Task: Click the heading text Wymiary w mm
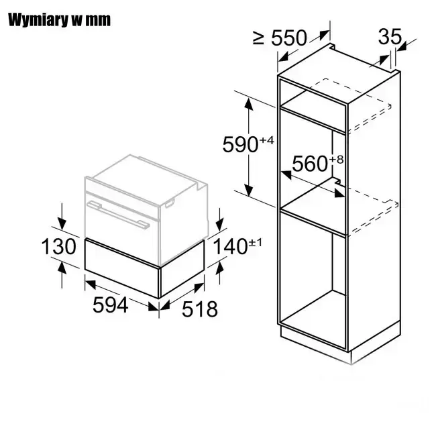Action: click(59, 19)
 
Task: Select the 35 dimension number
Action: click(390, 36)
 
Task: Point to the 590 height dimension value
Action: click(241, 144)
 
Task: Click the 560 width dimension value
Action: click(310, 164)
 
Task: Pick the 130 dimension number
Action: click(58, 246)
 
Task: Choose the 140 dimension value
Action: click(230, 247)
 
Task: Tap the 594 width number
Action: click(111, 305)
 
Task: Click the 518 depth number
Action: click(200, 309)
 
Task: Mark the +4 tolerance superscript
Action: click(266, 140)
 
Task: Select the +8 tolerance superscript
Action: click(337, 160)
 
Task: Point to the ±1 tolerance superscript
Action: click(255, 243)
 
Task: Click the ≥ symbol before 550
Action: click(258, 38)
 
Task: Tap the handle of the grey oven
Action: click(118, 215)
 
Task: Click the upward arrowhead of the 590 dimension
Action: click(248, 105)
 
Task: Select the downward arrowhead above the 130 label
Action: click(62, 224)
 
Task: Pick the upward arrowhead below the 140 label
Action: click(220, 268)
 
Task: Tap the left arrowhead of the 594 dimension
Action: click(91, 284)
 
